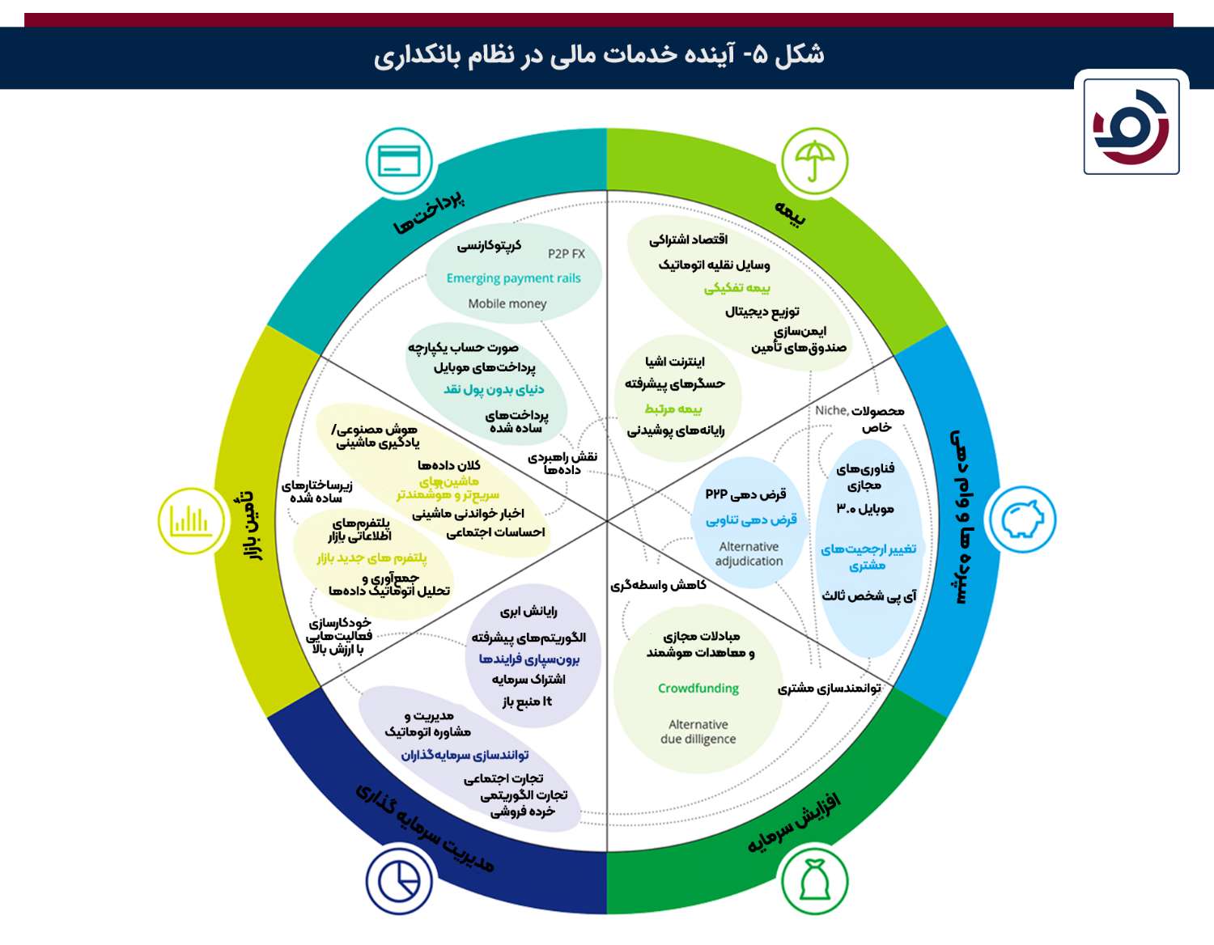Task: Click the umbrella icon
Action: click(x=814, y=161)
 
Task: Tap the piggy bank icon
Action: click(x=1022, y=519)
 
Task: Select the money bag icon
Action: click(x=814, y=880)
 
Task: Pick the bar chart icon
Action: click(x=192, y=520)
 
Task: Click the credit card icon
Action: click(x=399, y=161)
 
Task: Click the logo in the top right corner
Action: click(x=1131, y=126)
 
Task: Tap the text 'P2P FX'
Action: click(x=566, y=254)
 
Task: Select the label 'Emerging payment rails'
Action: click(x=513, y=278)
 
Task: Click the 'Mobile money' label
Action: click(x=507, y=304)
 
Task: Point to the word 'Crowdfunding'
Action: click(x=698, y=688)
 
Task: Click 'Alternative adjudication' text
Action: click(x=749, y=553)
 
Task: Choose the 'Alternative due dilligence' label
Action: click(x=698, y=731)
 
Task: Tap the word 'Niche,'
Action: click(x=832, y=410)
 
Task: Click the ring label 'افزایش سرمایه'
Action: click(x=794, y=824)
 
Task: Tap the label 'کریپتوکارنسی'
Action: click(x=489, y=246)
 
